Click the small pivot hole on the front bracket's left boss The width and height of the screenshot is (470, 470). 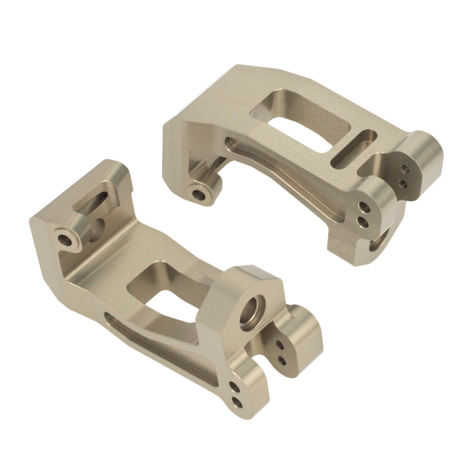66,238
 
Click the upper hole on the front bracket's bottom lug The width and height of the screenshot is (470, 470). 234,386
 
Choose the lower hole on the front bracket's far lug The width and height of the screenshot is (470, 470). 282,361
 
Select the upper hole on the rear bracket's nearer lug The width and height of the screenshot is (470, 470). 363,205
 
